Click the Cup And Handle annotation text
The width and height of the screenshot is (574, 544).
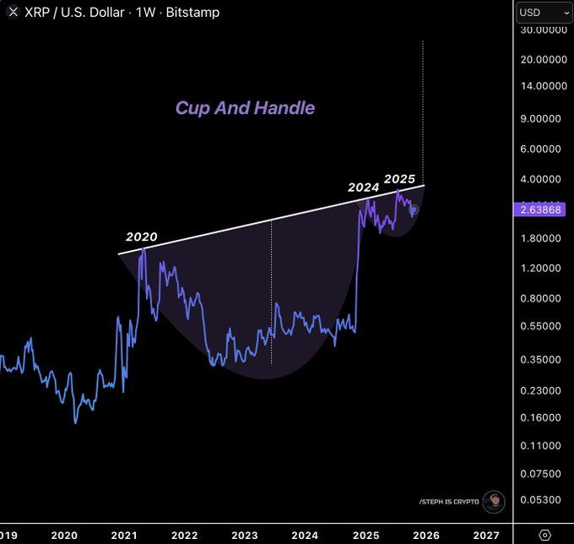(245, 108)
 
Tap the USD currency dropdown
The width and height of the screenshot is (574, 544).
(544, 13)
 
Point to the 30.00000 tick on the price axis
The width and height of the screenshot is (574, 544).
(544, 30)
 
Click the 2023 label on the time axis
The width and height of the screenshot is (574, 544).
(245, 535)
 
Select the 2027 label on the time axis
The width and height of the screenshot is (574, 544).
(486, 535)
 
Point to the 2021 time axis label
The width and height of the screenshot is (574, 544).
(124, 535)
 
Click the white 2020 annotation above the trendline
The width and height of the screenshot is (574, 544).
(142, 237)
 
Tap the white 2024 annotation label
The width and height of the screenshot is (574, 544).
(364, 188)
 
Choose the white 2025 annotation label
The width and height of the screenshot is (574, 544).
(399, 179)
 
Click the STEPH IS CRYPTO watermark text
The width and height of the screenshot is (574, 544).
(448, 502)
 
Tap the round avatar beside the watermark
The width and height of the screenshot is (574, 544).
(494, 502)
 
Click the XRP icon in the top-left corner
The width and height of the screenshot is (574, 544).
(13, 13)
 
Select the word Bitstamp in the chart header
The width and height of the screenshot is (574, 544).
(195, 13)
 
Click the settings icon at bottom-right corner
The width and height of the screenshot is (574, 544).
(544, 535)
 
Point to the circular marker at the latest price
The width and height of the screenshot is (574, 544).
(414, 209)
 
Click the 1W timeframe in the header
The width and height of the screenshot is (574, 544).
(152, 13)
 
